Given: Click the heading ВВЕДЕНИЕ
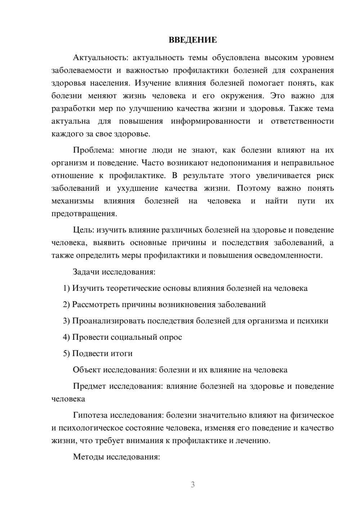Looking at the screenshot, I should (x=193, y=40).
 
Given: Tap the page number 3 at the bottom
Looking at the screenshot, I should (x=193, y=485).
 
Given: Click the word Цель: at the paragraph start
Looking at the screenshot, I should (x=84, y=230).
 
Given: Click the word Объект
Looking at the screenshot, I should (x=87, y=370).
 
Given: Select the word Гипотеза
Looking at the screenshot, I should (x=90, y=415).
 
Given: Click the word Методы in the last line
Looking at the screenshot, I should (x=88, y=457).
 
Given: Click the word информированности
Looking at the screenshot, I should (x=210, y=121).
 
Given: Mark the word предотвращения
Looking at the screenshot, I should (x=84, y=214).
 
